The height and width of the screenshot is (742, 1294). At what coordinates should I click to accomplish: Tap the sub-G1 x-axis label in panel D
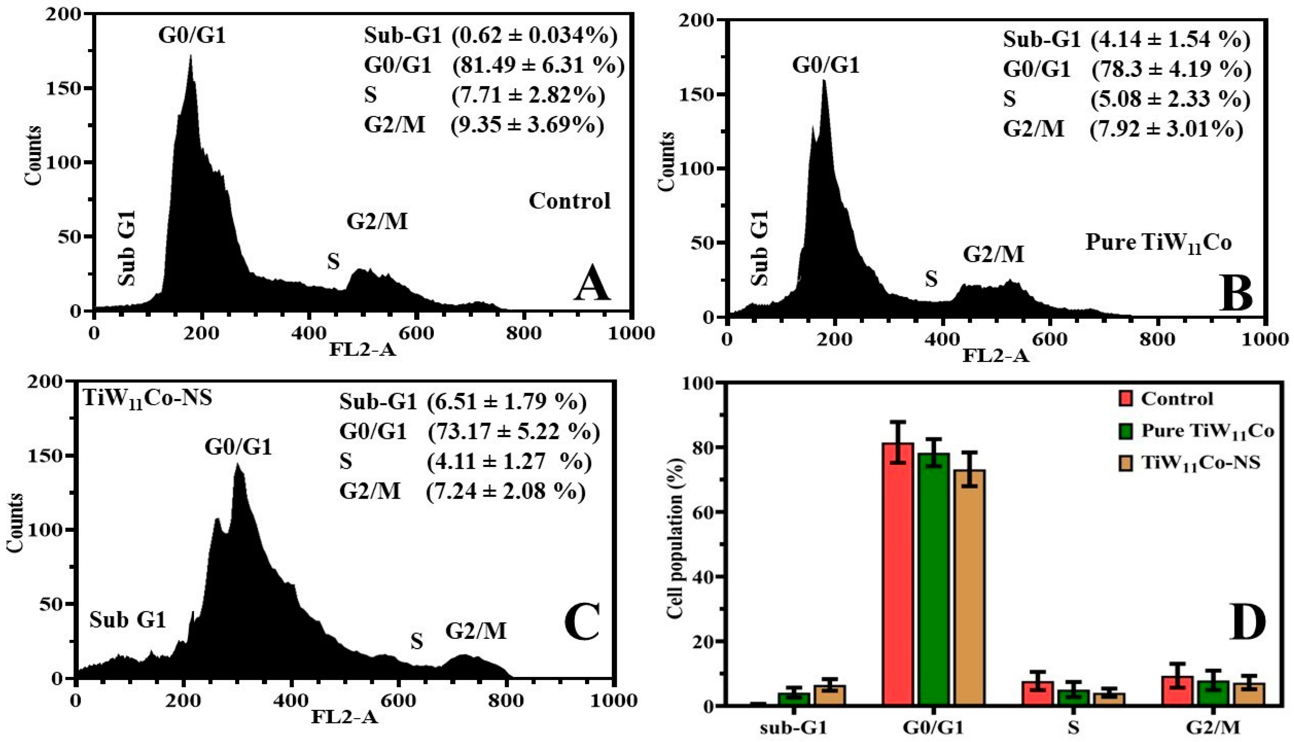pyautogui.click(x=793, y=728)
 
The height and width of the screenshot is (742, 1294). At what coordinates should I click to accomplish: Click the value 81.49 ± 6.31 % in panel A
pyautogui.click(x=538, y=66)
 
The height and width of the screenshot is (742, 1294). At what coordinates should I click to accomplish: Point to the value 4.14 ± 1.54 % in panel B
pyautogui.click(x=1170, y=40)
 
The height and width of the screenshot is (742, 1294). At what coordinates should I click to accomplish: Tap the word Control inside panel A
pyautogui.click(x=569, y=201)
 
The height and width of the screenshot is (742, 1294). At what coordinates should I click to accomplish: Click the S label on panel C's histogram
pyautogui.click(x=416, y=642)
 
